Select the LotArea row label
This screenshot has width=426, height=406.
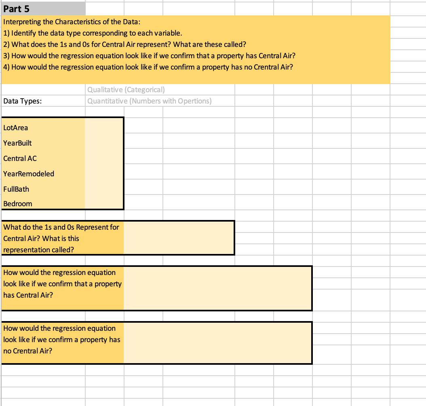point(16,128)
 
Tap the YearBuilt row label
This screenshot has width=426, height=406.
point(17,143)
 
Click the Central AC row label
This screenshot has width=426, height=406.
point(20,159)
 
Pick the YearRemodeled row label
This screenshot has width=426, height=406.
point(28,174)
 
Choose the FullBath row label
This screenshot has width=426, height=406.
point(16,189)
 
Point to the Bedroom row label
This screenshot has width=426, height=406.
point(18,204)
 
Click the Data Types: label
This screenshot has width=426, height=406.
point(22,101)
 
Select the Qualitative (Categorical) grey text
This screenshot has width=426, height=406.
point(126,90)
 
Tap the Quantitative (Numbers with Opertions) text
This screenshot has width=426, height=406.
point(149,101)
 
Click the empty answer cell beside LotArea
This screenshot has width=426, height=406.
point(104,128)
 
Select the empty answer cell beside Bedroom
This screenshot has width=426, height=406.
point(104,204)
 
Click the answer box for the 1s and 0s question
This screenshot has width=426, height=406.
point(179,238)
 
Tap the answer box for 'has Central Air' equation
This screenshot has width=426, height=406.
point(217,288)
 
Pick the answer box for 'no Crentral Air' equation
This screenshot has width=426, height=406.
point(217,343)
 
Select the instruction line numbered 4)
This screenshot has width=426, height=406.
point(148,67)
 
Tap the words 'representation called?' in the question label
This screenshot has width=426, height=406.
point(39,250)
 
